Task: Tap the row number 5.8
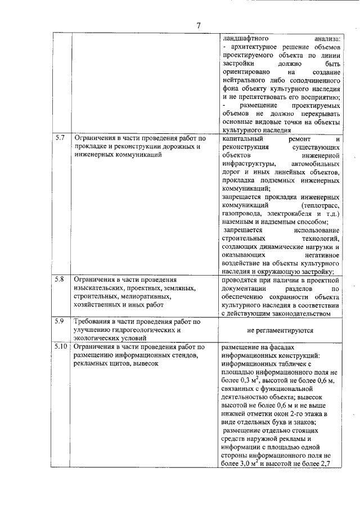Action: [x=60, y=279]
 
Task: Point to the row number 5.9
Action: [x=60, y=322]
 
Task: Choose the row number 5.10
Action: [x=61, y=346]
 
